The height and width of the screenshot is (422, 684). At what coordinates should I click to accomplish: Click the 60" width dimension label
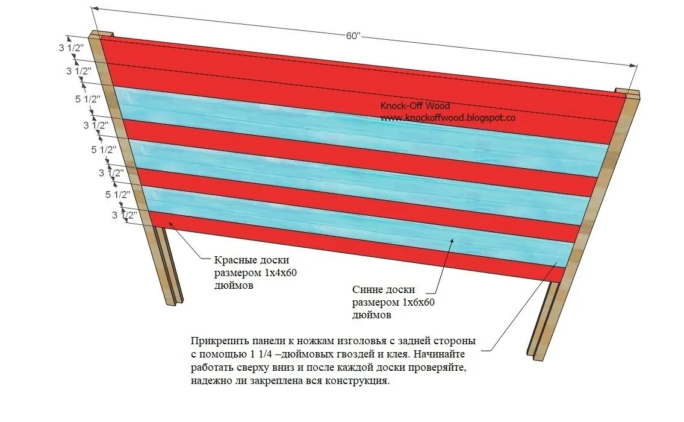(x=353, y=36)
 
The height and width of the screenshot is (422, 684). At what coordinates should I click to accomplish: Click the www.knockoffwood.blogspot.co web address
(x=447, y=118)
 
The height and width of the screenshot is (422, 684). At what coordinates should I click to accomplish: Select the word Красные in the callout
(x=234, y=260)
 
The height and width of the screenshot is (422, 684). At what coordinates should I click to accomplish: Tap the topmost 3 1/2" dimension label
(x=69, y=48)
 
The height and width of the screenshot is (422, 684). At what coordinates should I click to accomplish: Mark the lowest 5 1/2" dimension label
(x=118, y=195)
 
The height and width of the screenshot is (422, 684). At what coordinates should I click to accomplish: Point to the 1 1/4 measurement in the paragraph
(x=252, y=353)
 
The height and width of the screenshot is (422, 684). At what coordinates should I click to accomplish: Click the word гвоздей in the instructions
(x=357, y=353)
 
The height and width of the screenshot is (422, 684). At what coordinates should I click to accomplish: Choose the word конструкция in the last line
(x=360, y=381)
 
